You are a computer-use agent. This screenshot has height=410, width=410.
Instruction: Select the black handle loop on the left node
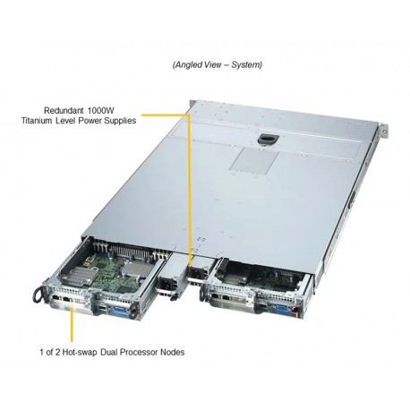click(38, 295)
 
